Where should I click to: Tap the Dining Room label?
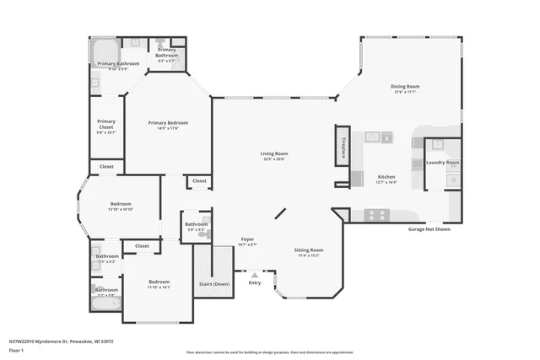405,86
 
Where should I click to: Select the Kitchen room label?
386,176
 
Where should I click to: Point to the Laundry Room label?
442,162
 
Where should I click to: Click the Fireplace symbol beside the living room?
343,146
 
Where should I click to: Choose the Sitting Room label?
308,250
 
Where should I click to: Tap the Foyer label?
247,239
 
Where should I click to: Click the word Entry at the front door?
255,282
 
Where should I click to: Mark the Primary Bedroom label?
168,122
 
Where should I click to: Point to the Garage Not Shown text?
429,228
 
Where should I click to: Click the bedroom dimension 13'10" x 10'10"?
121,209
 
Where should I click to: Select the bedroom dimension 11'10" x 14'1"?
159,287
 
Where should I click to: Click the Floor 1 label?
16,349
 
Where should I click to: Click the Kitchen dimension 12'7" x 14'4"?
386,182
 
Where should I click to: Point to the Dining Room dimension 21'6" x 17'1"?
405,92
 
